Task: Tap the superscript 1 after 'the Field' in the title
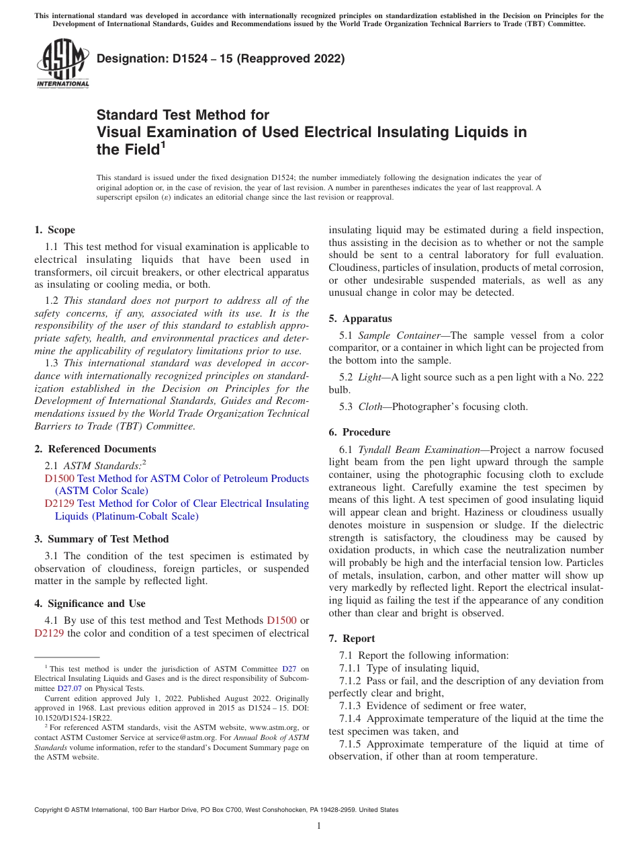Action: (x=162, y=145)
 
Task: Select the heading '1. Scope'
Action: (x=55, y=230)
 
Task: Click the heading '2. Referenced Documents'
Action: (x=95, y=449)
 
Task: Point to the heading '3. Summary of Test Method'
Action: (x=101, y=539)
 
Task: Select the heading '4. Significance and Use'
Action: (x=90, y=604)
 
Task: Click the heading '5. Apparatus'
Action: (x=361, y=319)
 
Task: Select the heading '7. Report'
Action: (x=352, y=639)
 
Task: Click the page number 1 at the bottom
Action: (x=319, y=826)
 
